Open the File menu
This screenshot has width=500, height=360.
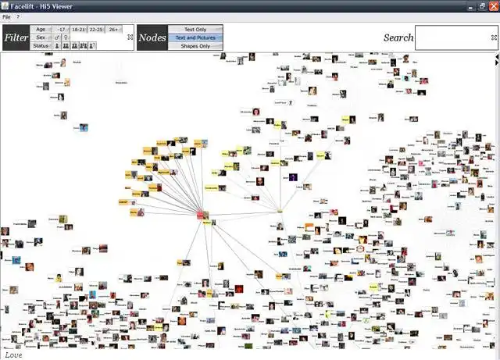6,16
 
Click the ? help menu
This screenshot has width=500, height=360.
18,16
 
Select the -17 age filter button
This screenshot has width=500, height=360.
61,29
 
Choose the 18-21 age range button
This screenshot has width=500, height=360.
78,29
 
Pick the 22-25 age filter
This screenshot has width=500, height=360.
96,29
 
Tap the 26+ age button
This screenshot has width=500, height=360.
114,29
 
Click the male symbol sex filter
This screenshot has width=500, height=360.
57,37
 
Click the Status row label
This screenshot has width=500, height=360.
41,46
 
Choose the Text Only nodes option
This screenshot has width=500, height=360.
195,29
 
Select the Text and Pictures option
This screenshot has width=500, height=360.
195,37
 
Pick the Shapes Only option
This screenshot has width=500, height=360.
195,46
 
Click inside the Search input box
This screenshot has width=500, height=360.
455,37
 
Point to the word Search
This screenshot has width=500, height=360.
398,37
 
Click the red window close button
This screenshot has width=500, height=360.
493,5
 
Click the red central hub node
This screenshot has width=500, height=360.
201,214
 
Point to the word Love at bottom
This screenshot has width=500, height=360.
13,355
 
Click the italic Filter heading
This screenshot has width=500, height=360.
16,37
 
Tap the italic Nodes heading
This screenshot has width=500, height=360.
152,37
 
